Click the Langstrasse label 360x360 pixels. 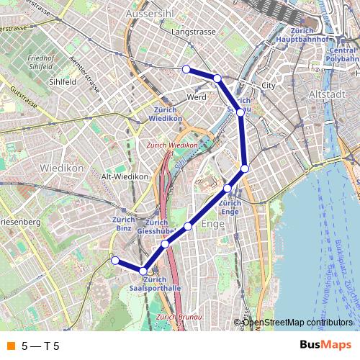[x=193, y=32]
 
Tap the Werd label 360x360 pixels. [x=197, y=96]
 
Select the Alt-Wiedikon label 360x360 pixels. [x=125, y=176]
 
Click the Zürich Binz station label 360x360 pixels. [x=125, y=224]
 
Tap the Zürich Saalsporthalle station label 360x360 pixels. [x=156, y=284]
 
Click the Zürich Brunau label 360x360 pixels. [x=177, y=317]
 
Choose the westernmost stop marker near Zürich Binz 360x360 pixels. [x=114, y=260]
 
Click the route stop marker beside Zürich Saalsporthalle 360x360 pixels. [x=143, y=271]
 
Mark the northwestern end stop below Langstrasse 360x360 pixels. [x=186, y=69]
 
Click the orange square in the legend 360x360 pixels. [x=9, y=346]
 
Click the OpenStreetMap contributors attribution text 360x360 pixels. [x=297, y=322]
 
